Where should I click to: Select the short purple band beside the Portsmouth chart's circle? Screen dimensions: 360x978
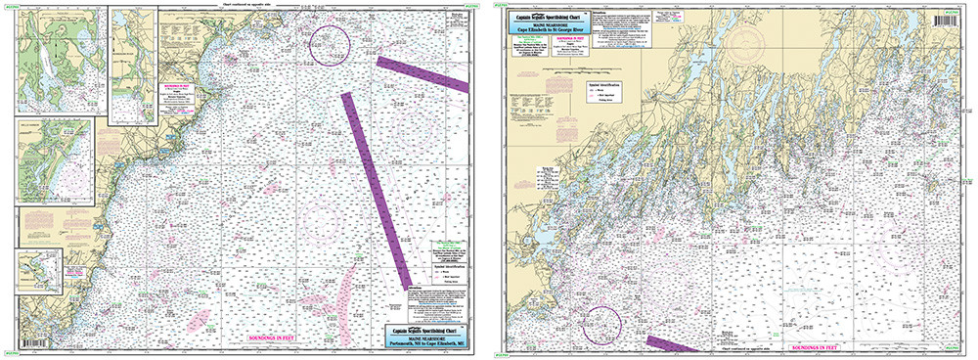pos(422,74)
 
